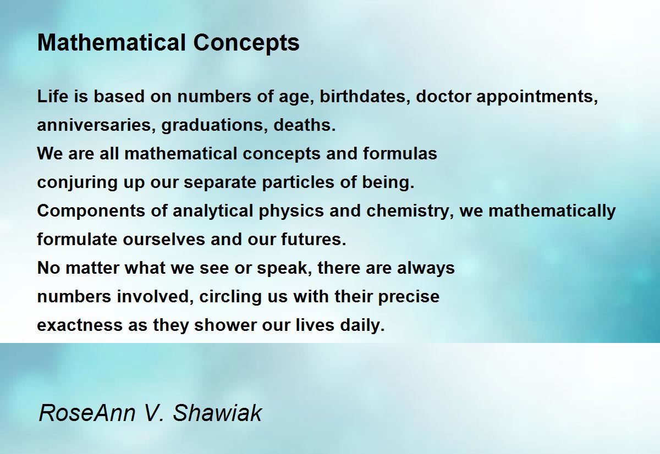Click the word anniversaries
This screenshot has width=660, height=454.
96,125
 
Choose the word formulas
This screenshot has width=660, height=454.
400,154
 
